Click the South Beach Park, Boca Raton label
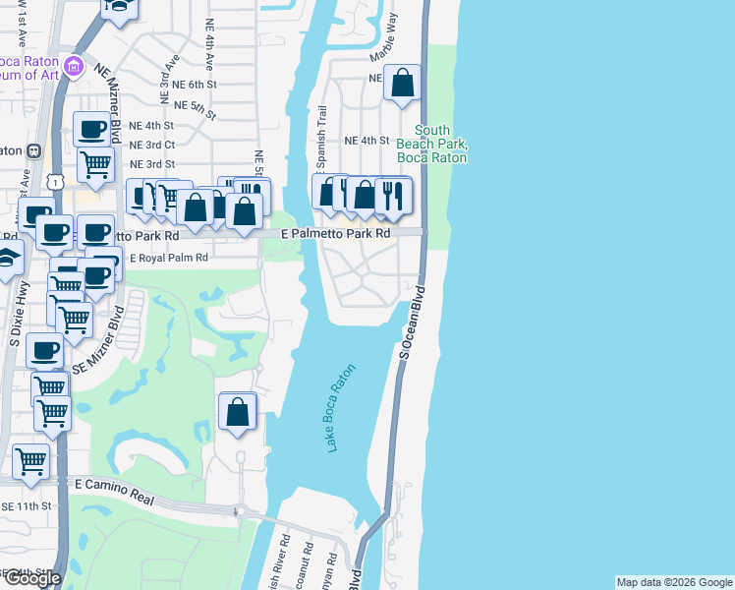(431, 144)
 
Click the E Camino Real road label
(115, 493)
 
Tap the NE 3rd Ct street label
(152, 145)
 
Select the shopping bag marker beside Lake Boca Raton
(237, 411)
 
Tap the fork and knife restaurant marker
(392, 196)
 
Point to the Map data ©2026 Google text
(673, 582)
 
